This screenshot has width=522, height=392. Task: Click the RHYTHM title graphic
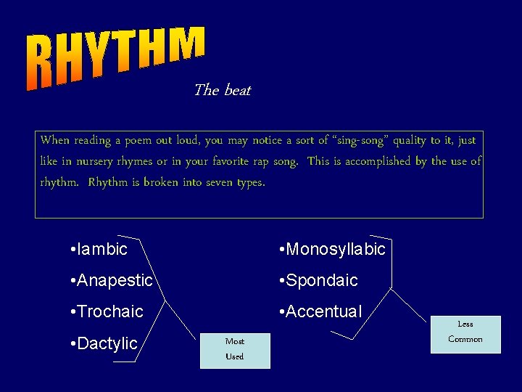click(x=116, y=58)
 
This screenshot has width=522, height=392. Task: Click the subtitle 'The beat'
click(x=222, y=90)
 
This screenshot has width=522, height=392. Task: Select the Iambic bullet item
click(x=99, y=249)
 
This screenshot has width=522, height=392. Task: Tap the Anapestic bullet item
click(x=112, y=280)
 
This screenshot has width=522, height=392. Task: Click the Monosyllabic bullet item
click(x=333, y=249)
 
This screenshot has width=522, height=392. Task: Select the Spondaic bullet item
click(x=318, y=280)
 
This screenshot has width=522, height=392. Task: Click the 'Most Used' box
click(x=235, y=349)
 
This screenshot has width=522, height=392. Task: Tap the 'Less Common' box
click(x=465, y=332)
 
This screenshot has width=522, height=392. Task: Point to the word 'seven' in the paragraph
click(x=220, y=182)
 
